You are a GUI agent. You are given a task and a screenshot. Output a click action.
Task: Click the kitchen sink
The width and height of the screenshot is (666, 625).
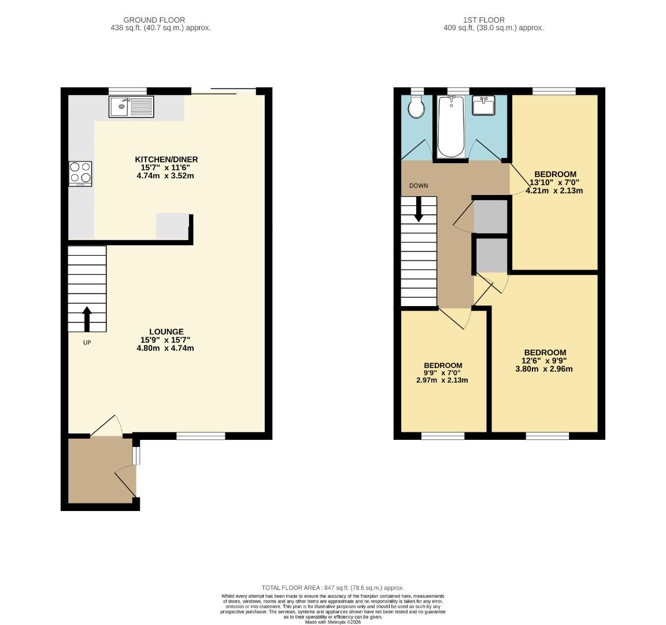coord(132,106)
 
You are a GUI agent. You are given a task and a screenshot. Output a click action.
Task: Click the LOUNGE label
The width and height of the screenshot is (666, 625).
coord(166,332)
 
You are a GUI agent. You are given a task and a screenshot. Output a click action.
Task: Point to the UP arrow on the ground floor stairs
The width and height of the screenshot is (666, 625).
coord(87,319)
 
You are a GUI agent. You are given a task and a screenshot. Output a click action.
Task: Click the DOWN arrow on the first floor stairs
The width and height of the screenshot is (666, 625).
coord(419,209)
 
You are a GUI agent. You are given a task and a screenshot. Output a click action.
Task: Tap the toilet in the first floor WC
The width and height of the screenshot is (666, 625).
coord(415,106)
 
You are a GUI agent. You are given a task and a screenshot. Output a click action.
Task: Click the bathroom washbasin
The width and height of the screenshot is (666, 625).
coord(483,106)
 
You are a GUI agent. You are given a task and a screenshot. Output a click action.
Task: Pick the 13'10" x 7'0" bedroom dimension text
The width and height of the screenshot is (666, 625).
coord(554,182)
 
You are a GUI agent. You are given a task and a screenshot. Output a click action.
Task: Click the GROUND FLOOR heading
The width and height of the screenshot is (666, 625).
coord(154,20)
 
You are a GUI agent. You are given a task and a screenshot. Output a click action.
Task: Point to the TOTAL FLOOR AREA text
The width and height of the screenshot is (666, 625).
coord(332,587)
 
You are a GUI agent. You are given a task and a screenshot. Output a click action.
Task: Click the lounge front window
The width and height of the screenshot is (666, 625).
coord(201,436)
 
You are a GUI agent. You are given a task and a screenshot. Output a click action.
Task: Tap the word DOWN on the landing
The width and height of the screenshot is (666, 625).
coord(419,186)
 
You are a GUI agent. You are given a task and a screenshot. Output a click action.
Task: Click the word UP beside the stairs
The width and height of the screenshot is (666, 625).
coord(87,343)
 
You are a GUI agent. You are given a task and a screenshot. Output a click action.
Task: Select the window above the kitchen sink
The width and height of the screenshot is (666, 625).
coord(127,91)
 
